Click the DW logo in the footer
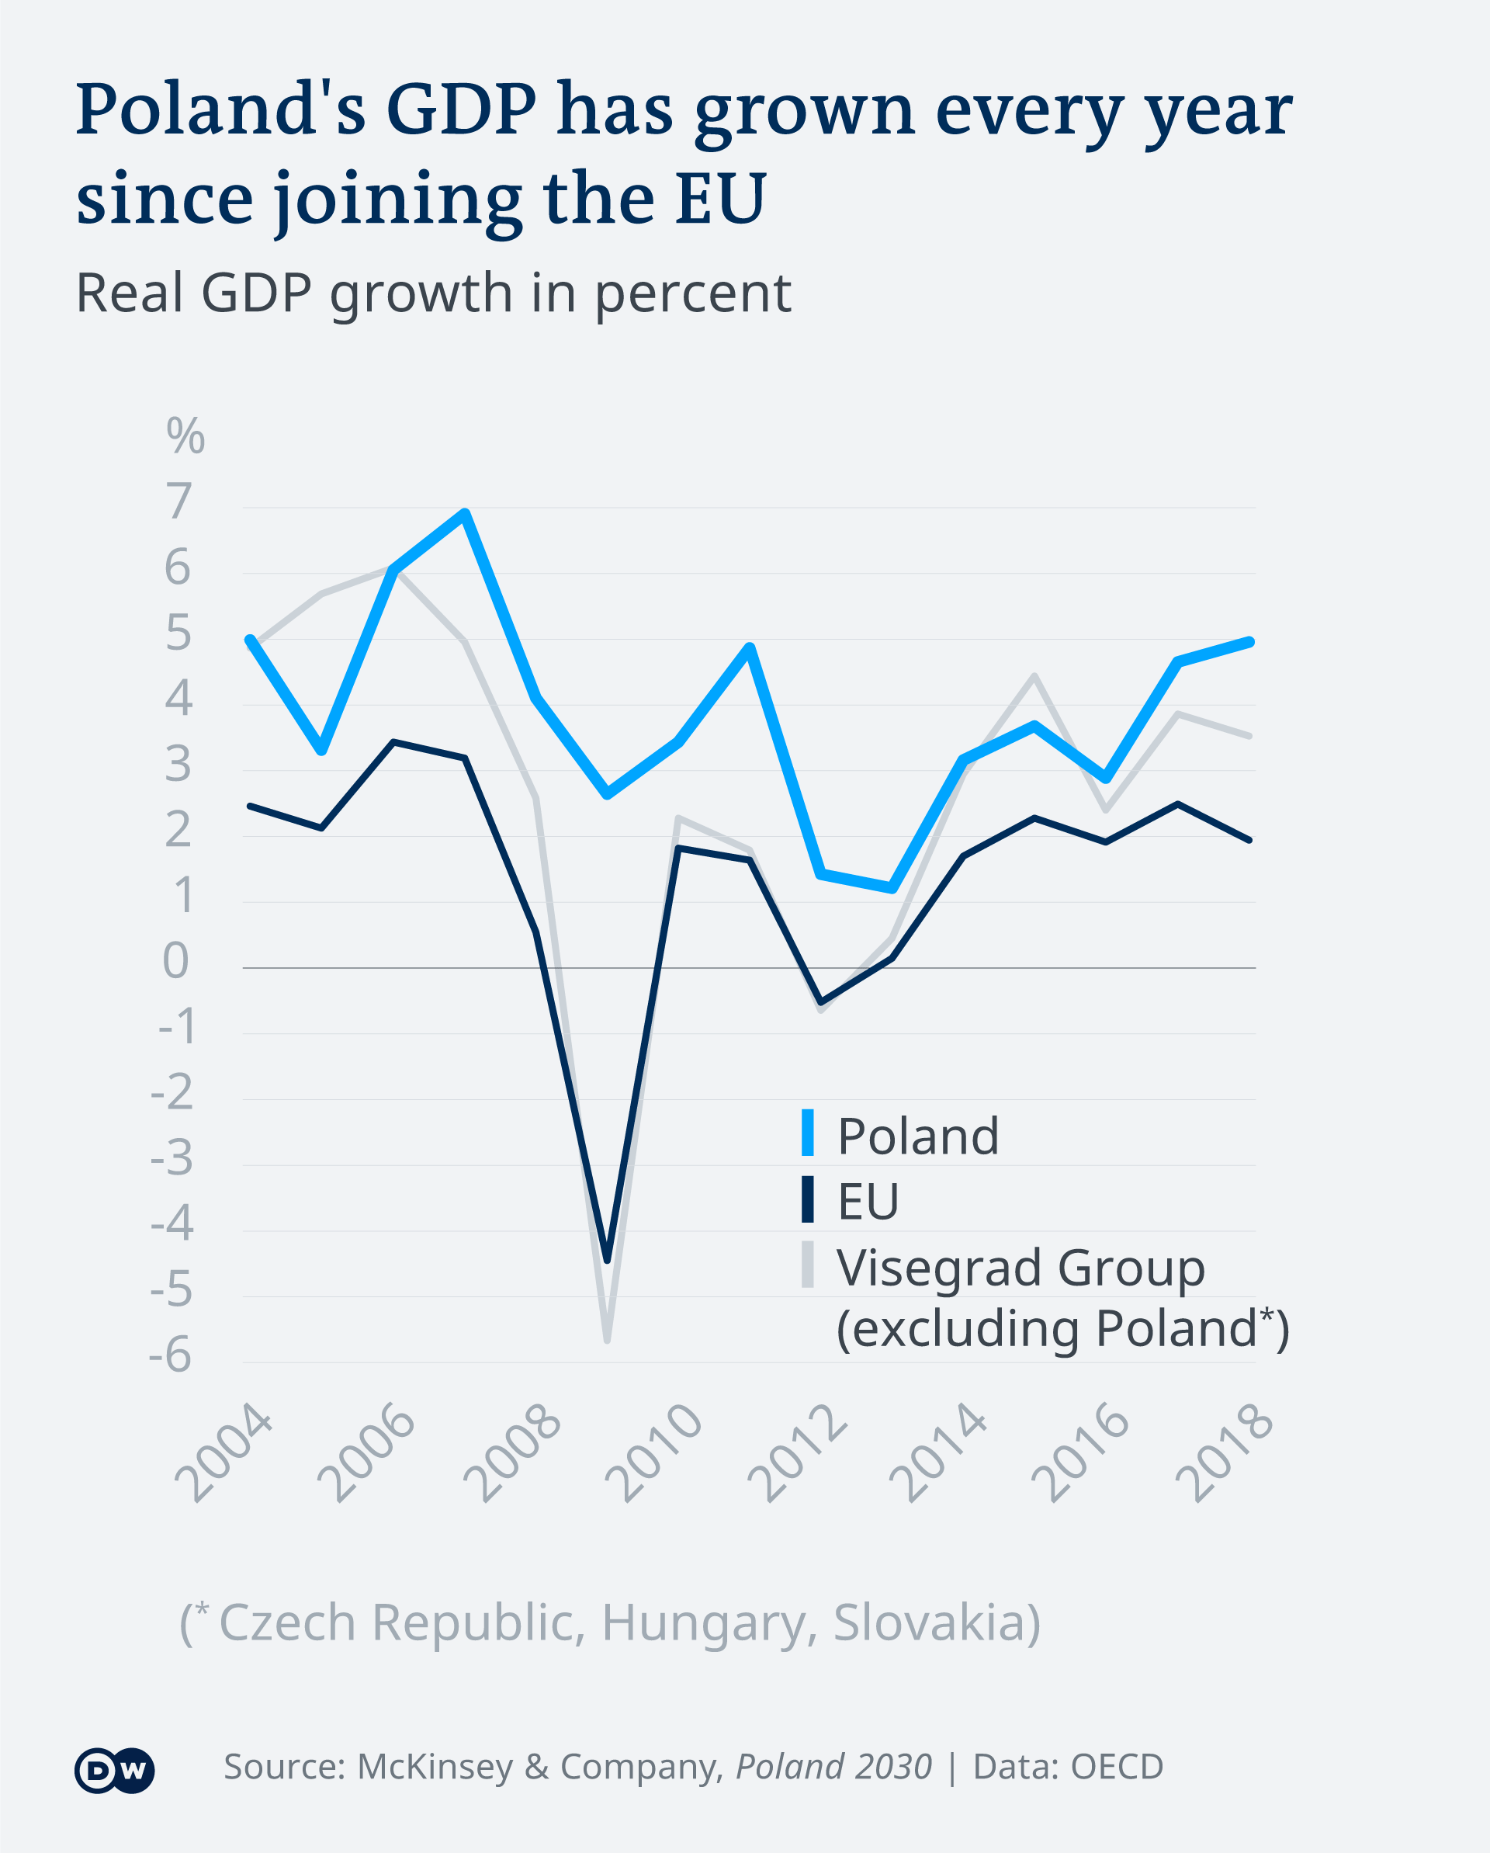(114, 1771)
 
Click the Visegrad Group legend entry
(1020, 1268)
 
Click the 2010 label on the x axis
(653, 1452)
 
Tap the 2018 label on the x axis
(1224, 1452)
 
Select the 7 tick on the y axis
(178, 501)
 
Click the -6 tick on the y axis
(171, 1355)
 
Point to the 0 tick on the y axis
(176, 961)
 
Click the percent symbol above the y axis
(185, 435)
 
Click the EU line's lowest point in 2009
(608, 1260)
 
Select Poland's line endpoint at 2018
(1249, 642)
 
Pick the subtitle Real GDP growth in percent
(433, 293)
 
